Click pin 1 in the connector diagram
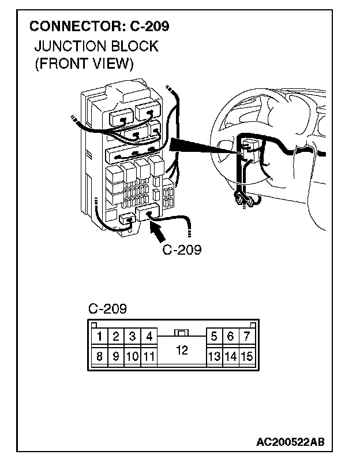point(100,336)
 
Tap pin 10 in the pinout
point(132,356)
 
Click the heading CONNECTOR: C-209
point(99,26)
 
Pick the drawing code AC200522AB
point(291,442)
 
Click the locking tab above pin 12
point(181,333)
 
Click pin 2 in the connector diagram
point(116,336)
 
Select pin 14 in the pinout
point(230,356)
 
